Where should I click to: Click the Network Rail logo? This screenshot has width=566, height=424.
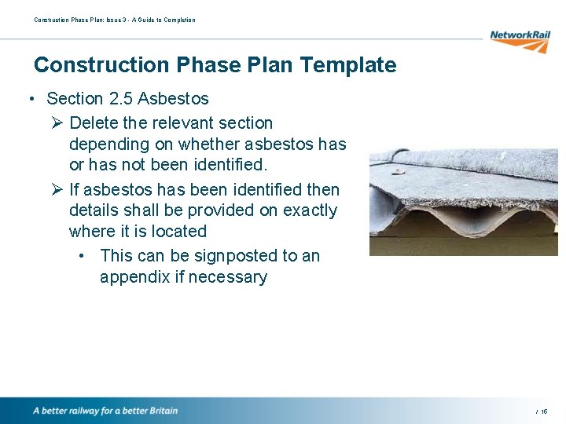(x=520, y=40)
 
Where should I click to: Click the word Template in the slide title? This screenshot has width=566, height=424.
(x=347, y=65)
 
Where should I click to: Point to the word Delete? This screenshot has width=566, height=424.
(x=93, y=123)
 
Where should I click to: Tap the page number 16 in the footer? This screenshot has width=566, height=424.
(x=544, y=411)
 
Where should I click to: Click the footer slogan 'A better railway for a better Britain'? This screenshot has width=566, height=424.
(x=105, y=411)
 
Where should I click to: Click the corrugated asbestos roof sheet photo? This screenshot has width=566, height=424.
(x=464, y=203)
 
